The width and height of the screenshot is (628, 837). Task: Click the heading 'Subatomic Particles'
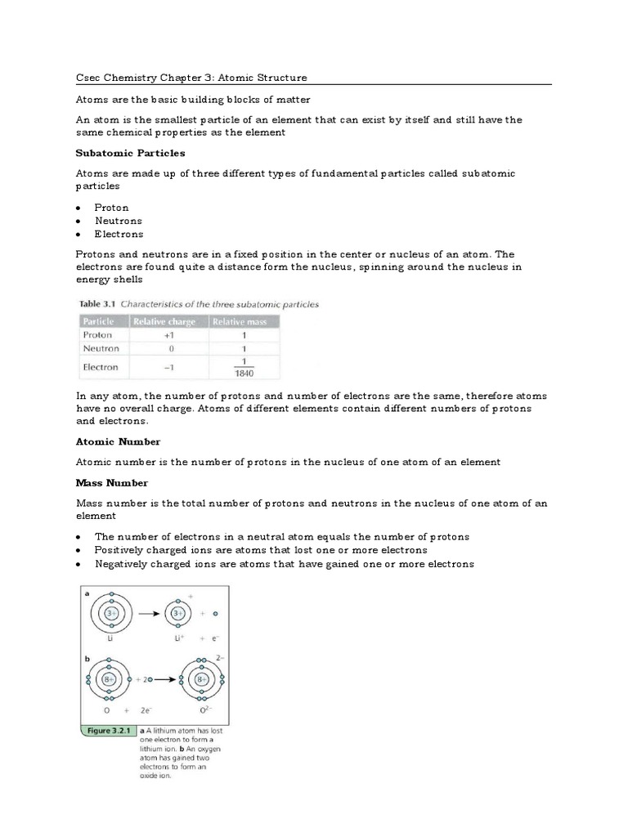[130, 153]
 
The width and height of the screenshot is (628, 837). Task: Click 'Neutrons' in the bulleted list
[118, 221]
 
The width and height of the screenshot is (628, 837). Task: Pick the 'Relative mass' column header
[243, 321]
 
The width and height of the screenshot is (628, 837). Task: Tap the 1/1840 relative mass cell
[244, 368]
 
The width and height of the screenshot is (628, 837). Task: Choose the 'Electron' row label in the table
[101, 368]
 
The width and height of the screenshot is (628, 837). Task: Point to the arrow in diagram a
[150, 613]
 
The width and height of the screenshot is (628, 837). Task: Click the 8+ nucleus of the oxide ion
[197, 678]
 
